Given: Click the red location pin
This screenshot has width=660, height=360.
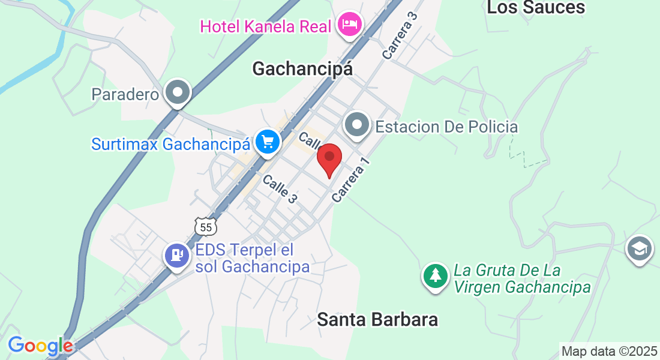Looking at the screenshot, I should (x=329, y=158).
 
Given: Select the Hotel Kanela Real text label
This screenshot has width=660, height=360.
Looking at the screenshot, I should (x=266, y=26).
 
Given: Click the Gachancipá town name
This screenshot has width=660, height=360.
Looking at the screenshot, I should (x=302, y=69).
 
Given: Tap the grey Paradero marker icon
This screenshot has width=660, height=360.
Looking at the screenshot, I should (x=178, y=93).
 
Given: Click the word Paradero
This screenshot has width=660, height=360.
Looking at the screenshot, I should (x=125, y=94).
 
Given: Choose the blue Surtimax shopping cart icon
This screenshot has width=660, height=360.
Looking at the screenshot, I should (x=266, y=142).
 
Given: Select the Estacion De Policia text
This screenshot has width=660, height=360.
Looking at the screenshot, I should (x=446, y=127).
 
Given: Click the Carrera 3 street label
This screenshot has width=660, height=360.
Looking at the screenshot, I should (x=399, y=37).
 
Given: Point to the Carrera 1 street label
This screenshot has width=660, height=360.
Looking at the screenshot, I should (x=349, y=179).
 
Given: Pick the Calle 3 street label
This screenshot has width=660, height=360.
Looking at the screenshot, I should (x=280, y=188).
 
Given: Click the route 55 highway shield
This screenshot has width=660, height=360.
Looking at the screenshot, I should (x=205, y=227).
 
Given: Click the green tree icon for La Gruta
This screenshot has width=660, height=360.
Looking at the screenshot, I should (x=435, y=276).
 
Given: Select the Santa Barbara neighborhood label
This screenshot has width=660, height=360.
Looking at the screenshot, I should (x=377, y=320).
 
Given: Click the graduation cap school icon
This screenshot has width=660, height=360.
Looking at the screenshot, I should (x=639, y=248).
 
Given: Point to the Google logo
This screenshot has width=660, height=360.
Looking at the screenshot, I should (x=40, y=346).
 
